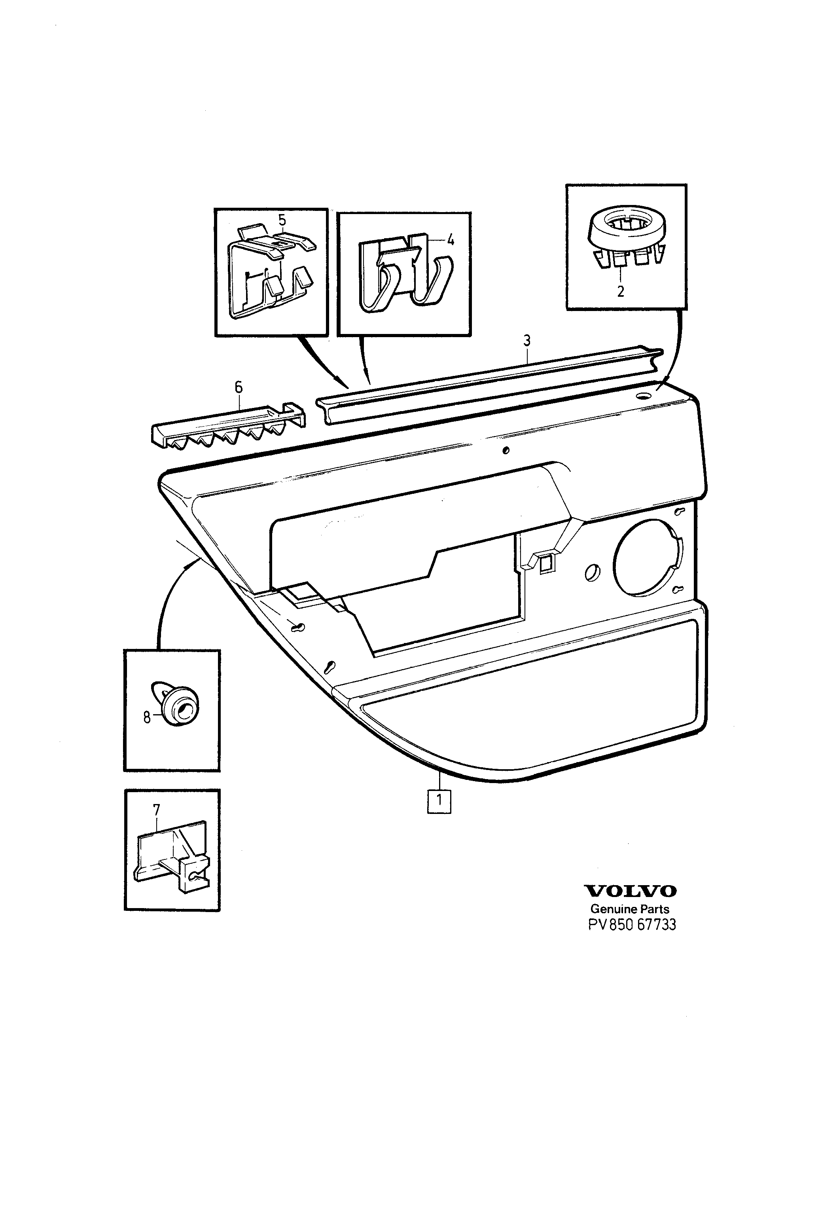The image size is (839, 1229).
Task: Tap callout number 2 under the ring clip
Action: coord(621,291)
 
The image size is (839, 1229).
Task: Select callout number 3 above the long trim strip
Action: coord(527,341)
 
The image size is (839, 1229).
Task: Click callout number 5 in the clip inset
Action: coord(282,220)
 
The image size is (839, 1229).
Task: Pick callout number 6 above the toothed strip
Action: coord(239,388)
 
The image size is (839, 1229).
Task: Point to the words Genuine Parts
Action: coord(630,909)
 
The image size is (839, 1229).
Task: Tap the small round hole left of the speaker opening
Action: coord(592,573)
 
